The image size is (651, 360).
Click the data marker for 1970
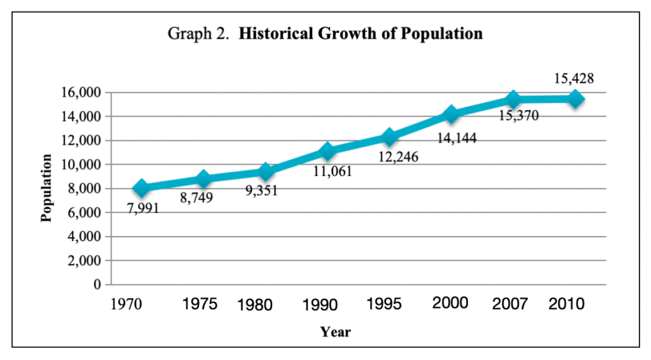(x=141, y=188)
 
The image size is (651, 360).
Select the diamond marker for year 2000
(x=451, y=114)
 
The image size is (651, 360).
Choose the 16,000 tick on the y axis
(x=81, y=93)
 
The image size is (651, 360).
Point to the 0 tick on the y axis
(x=97, y=285)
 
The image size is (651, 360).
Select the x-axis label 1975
(x=200, y=304)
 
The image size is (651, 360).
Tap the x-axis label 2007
(x=510, y=304)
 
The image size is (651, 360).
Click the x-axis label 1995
(x=384, y=304)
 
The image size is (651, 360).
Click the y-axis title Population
(x=46, y=188)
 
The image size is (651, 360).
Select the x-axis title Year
(x=335, y=331)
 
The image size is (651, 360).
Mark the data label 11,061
(x=331, y=171)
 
